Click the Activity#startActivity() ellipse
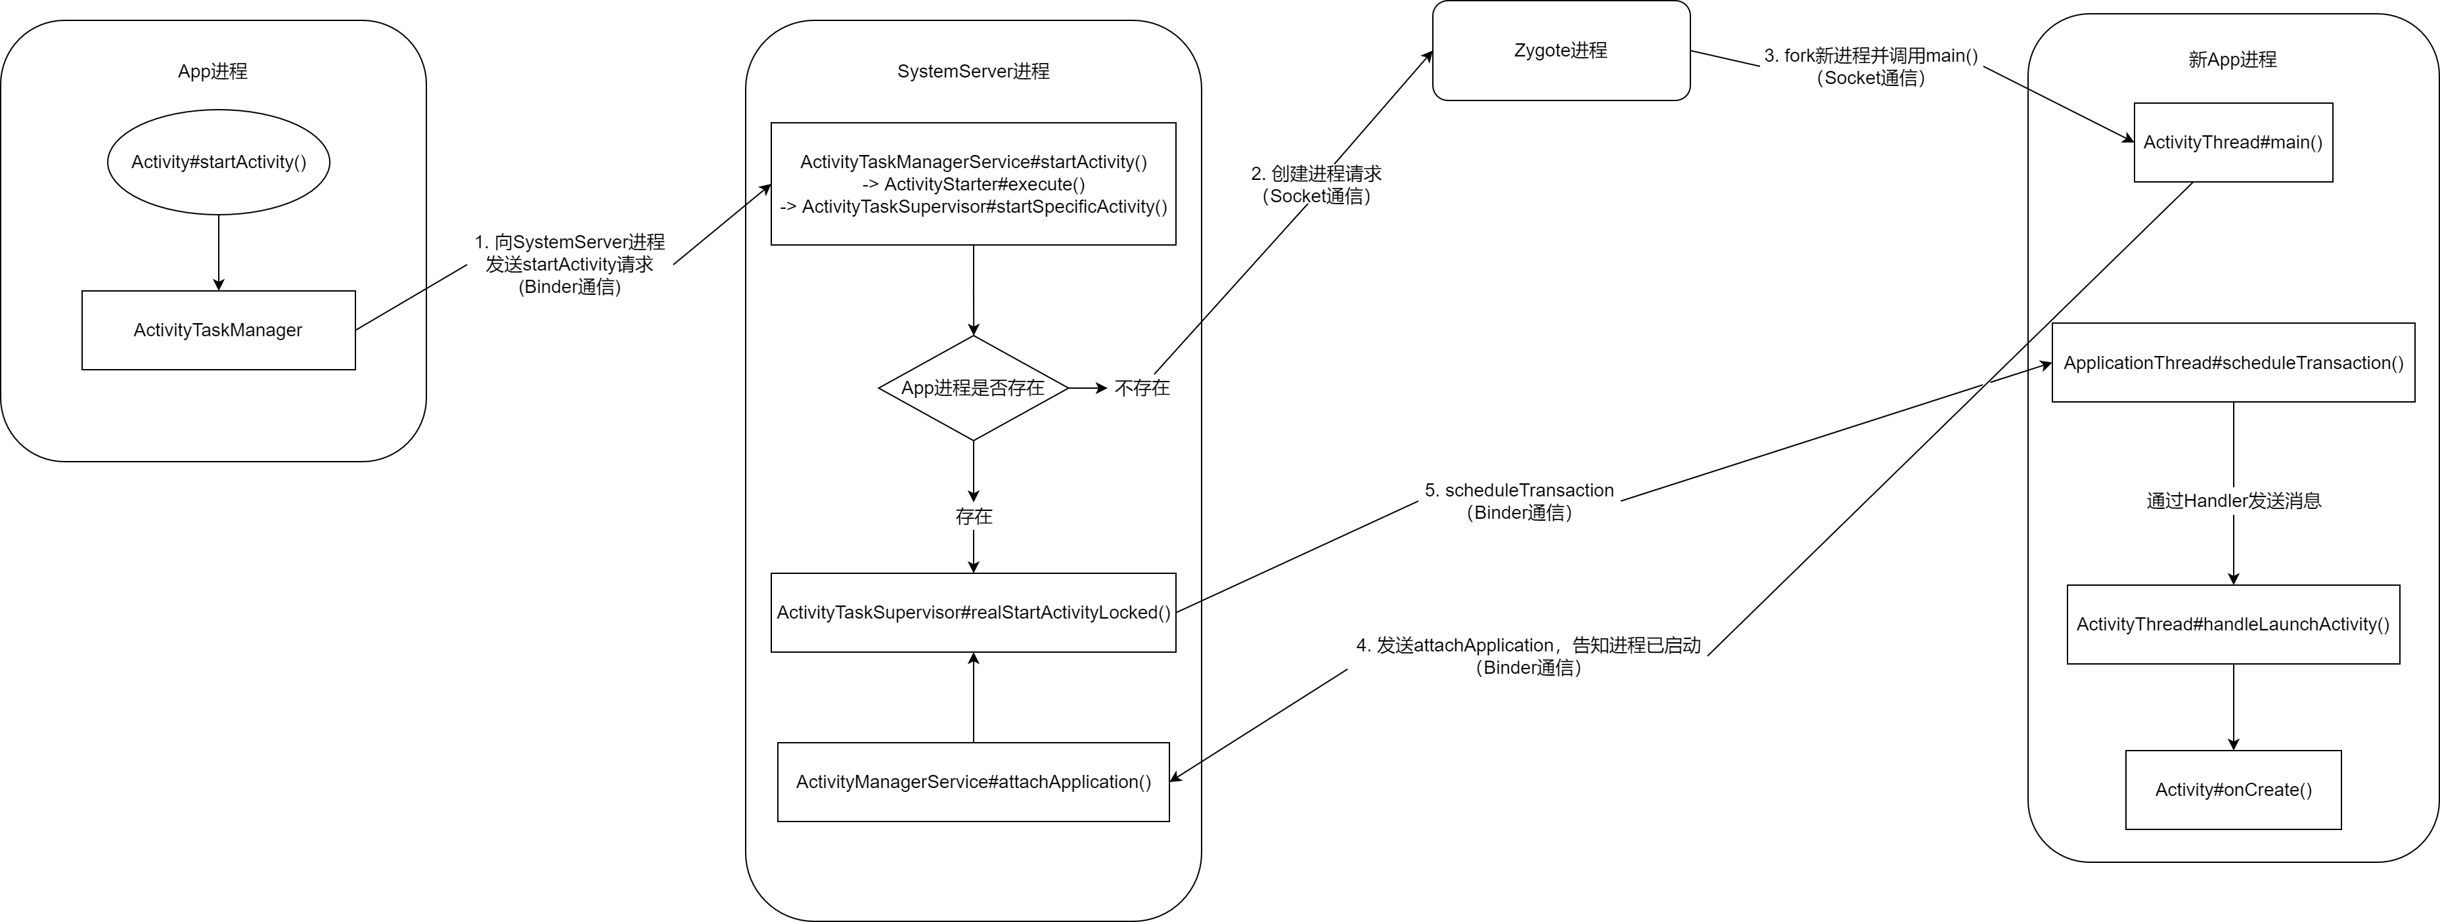coord(218,162)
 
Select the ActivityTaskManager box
coord(219,330)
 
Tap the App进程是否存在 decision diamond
coord(974,388)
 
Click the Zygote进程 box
coord(1561,50)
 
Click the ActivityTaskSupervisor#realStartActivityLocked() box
coord(974,613)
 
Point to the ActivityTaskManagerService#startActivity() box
coord(974,184)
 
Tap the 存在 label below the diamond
coord(974,516)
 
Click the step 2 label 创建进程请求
coord(1316,185)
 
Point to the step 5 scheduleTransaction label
coord(1520,502)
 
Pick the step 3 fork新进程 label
coord(1870,67)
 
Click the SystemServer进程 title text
coord(974,71)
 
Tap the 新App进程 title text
coord(2232,60)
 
